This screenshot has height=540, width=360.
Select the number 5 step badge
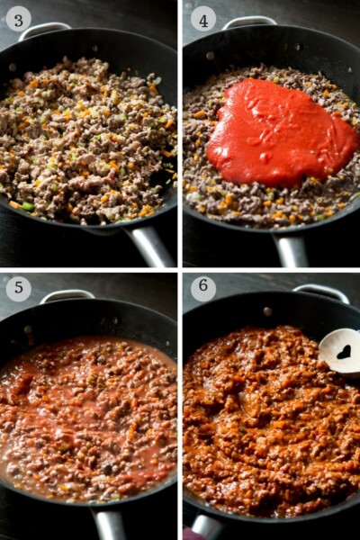point(18,289)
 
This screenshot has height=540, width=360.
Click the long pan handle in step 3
point(151,246)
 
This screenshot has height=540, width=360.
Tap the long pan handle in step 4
point(291,250)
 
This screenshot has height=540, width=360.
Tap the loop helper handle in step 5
point(67,294)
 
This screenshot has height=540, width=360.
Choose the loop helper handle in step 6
point(320,291)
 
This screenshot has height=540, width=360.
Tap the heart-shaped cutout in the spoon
point(344,352)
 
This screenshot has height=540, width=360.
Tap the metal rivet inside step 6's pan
point(267,310)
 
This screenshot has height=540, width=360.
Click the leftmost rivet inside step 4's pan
point(210,55)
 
